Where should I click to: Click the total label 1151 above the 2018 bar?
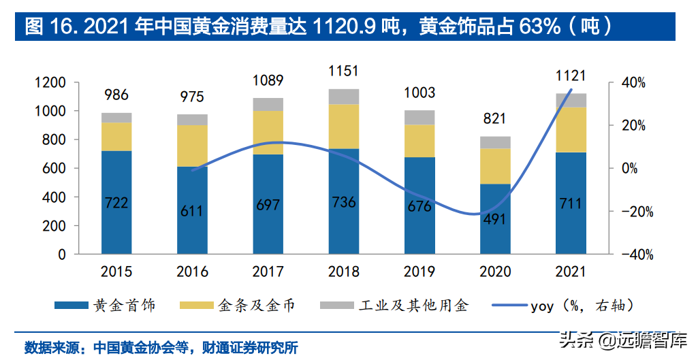point(343,71)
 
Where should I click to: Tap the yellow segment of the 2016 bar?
point(192,146)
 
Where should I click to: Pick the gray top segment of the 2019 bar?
point(419,117)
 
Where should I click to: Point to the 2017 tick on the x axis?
point(268,272)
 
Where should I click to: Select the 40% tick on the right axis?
point(638,82)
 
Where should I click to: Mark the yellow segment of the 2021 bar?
point(571,129)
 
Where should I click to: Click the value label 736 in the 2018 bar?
point(343,203)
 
